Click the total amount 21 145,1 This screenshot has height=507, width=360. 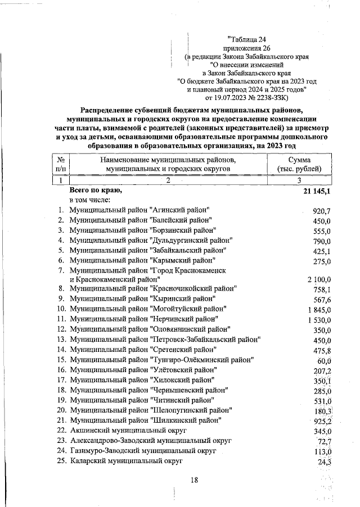click(314, 192)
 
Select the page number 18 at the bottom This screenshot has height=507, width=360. click(195, 479)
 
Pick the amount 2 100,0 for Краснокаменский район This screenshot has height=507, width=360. click(320, 279)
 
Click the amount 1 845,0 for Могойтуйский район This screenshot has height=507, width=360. click(320, 309)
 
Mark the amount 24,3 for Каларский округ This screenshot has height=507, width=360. click(325, 462)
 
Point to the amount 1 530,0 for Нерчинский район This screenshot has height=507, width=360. click(320, 319)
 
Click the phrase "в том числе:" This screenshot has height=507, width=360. click(90, 200)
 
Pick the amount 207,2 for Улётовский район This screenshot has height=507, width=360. click(323, 371)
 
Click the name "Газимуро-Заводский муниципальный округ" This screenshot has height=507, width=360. click(143, 450)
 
